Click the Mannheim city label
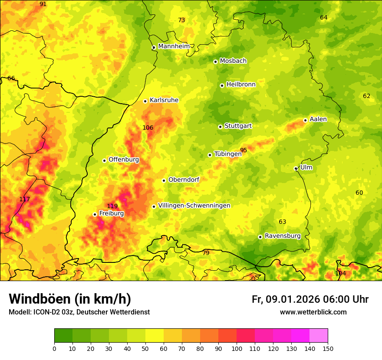tap(174, 46)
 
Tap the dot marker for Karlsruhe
tap(145, 101)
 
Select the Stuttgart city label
tap(238, 126)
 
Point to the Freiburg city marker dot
tap(95, 214)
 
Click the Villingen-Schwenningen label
tap(194, 206)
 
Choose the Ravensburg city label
tap(283, 236)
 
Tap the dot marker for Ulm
tap(296, 168)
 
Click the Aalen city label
tap(318, 119)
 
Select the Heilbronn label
tap(241, 85)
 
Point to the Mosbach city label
tap(233, 61)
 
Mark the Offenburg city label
tap(124, 160)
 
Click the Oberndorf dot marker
tap(164, 180)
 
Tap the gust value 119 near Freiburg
tap(112, 206)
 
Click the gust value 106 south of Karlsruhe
tap(148, 128)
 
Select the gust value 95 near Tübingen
tap(244, 151)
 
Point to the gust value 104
tap(341, 273)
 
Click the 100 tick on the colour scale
tap(237, 348)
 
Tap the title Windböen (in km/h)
tap(70, 299)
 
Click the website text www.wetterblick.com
tap(313, 312)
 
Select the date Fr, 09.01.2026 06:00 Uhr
tap(310, 299)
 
